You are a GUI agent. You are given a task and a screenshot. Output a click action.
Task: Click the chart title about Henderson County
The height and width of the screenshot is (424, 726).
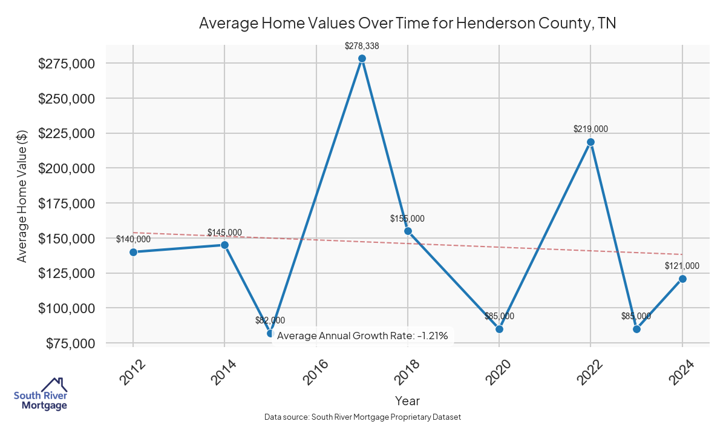coord(407,24)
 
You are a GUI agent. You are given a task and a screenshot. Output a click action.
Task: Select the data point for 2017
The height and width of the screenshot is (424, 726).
coord(362,59)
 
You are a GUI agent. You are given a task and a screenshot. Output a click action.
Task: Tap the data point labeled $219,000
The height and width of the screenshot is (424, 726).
coord(590,142)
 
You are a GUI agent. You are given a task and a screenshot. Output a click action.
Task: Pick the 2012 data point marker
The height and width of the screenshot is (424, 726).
coord(133,252)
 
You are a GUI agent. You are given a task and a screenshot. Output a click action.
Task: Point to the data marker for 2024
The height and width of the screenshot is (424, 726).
coord(682,279)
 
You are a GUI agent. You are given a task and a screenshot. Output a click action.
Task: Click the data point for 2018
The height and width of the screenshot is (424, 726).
coord(408,231)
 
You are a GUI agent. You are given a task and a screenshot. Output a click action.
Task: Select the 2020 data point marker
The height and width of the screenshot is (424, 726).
coord(499,329)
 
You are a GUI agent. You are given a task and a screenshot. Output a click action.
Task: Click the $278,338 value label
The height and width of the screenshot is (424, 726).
coord(362,45)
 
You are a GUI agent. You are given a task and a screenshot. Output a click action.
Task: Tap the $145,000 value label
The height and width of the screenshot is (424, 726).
coord(224,233)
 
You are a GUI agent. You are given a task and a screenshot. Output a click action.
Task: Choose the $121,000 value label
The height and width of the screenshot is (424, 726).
coord(682,266)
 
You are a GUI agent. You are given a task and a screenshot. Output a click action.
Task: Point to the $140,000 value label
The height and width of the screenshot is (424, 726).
coord(133,239)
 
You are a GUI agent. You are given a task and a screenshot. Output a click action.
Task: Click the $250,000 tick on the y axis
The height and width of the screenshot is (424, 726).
coord(67,99)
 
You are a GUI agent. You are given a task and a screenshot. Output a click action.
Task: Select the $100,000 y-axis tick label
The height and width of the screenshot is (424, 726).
coord(67,308)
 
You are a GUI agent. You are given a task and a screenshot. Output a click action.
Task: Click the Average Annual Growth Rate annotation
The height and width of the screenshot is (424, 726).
coord(362,336)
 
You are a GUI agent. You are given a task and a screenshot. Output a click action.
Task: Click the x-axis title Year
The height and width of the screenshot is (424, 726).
coord(407,400)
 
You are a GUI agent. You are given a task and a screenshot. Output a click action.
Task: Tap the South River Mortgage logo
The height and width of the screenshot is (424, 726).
coord(41,394)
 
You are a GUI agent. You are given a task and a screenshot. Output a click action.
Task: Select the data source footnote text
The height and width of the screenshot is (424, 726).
coord(362,417)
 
